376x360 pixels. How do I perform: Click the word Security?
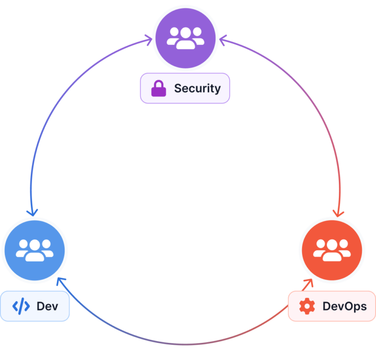pyautogui.click(x=197, y=89)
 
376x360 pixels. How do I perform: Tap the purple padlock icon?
pyautogui.click(x=158, y=89)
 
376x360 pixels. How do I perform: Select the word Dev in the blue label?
pyautogui.click(x=47, y=307)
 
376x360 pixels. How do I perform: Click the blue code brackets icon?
pyautogui.click(x=21, y=307)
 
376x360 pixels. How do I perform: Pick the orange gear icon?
pyautogui.click(x=307, y=307)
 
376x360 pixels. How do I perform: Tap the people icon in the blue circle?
pyautogui.click(x=34, y=249)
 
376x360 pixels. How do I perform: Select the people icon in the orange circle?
pyautogui.click(x=331, y=249)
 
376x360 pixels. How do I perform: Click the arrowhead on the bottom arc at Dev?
pyautogui.click(x=60, y=281)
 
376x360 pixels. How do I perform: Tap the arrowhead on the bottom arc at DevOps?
pyautogui.click(x=309, y=282)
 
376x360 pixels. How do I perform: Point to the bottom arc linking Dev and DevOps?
pyautogui.click(x=185, y=343)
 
